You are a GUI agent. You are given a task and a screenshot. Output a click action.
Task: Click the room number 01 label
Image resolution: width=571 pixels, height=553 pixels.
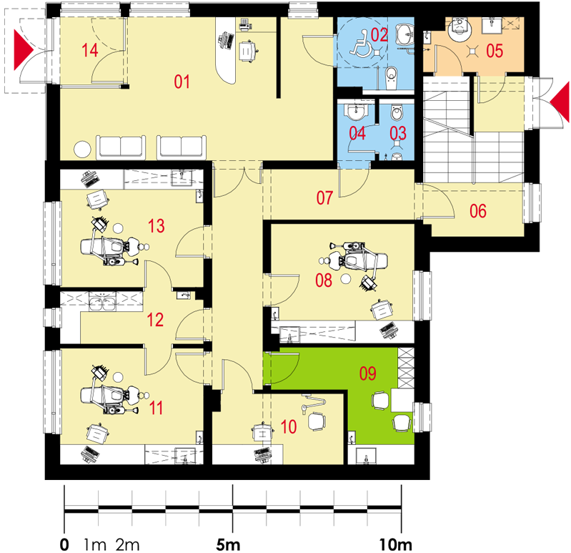(x=182, y=82)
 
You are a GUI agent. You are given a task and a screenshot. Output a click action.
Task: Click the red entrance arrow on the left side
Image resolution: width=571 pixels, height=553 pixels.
(x=24, y=49)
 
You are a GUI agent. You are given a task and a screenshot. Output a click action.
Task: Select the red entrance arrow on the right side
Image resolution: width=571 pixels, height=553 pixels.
(x=560, y=102)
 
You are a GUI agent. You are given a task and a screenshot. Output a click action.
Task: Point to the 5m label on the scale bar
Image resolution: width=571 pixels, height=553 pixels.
(x=228, y=545)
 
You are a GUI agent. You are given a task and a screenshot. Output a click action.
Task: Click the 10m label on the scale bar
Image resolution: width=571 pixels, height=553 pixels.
(x=395, y=545)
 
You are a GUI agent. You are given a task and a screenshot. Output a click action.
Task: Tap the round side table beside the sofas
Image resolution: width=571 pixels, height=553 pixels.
(x=82, y=149)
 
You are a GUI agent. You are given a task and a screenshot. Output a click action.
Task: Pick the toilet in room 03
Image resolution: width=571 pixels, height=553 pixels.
(x=397, y=112)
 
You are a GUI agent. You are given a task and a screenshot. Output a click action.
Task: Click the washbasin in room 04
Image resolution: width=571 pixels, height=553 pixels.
(x=355, y=112)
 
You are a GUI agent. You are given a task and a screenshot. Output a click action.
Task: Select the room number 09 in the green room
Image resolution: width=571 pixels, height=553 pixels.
(x=367, y=373)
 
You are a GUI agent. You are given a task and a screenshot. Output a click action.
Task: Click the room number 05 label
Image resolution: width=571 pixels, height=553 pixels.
(x=495, y=51)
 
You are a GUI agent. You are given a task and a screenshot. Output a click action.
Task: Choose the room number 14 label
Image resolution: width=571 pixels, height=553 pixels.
(x=89, y=50)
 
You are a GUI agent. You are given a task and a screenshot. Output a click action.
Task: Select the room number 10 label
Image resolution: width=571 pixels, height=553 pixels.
(x=289, y=426)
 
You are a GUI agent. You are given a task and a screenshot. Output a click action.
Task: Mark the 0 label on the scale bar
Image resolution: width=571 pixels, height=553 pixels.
(x=64, y=545)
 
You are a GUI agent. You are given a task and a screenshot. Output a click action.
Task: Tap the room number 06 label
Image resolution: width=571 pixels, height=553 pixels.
(x=478, y=211)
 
